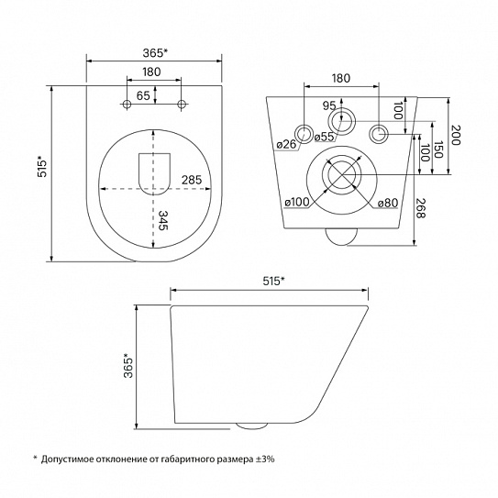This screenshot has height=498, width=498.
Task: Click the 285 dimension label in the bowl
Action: pyautogui.click(x=192, y=180)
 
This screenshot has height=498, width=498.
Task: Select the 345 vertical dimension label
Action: pyautogui.click(x=164, y=220)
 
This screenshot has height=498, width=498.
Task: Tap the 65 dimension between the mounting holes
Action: pyautogui.click(x=143, y=95)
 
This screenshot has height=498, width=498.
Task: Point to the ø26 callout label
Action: pyautogui.click(x=286, y=145)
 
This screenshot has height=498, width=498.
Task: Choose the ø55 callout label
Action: pyautogui.click(x=325, y=137)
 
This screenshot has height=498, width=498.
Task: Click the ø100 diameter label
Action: pyautogui.click(x=297, y=202)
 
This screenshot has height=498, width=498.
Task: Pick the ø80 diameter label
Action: pyautogui.click(x=388, y=203)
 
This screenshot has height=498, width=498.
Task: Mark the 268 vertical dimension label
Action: pyautogui.click(x=421, y=208)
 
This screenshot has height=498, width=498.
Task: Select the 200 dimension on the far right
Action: pyautogui.click(x=456, y=135)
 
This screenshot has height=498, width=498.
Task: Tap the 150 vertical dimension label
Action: pyautogui.click(x=438, y=149)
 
